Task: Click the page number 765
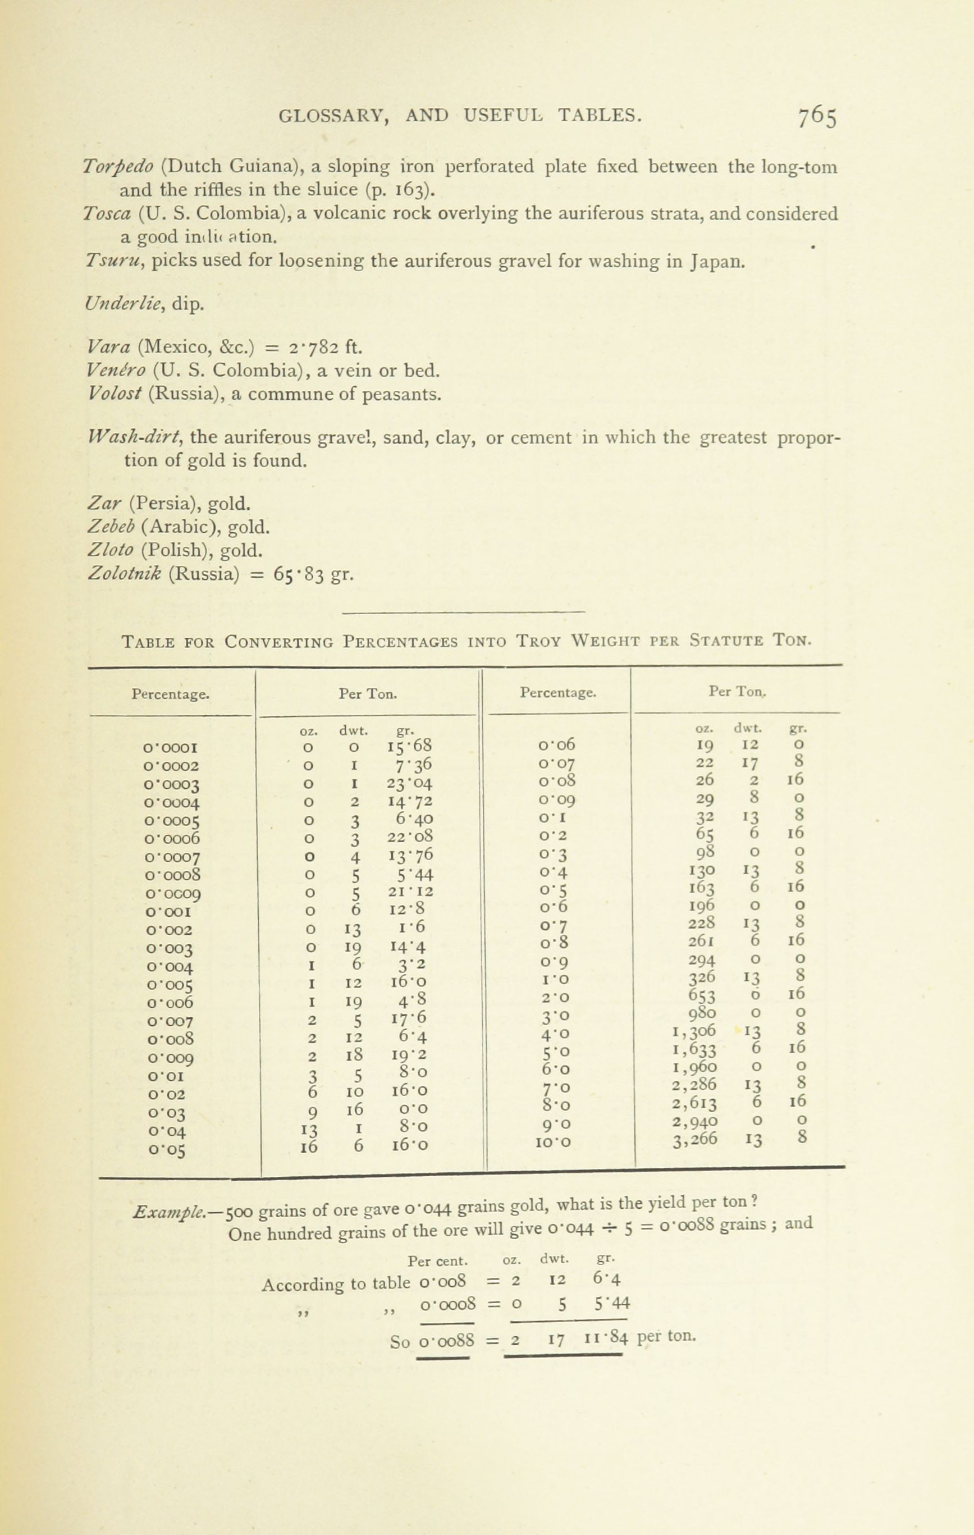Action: pyautogui.click(x=817, y=117)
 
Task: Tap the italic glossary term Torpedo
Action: pyautogui.click(x=118, y=167)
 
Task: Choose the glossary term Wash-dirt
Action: pyautogui.click(x=136, y=437)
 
